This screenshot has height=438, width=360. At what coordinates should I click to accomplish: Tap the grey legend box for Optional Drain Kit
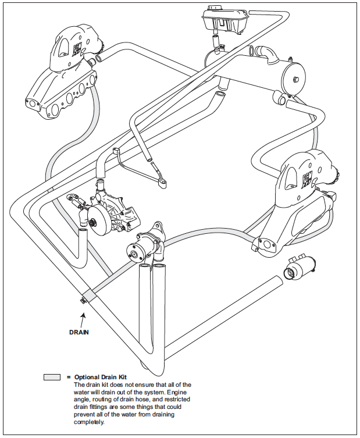pos(52,377)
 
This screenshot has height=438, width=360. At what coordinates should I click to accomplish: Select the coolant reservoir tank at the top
pos(224,22)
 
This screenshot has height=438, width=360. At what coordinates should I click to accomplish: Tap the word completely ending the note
pos(90,422)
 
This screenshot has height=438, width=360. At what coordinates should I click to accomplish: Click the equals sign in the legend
pos(69,377)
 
